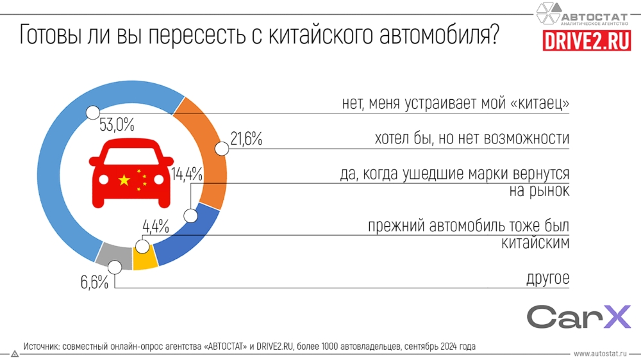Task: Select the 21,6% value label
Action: click(245, 139)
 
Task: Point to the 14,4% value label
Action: click(187, 174)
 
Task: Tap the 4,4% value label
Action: click(155, 226)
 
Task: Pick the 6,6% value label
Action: click(95, 282)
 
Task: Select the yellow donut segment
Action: click(144, 259)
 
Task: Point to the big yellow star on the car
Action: click(124, 181)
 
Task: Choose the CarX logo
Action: click(579, 317)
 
